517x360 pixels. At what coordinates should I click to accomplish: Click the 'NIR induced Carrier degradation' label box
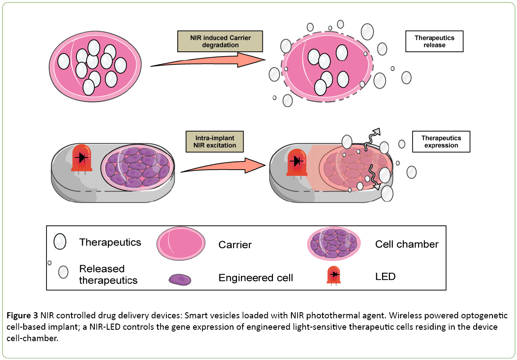[x=220, y=41]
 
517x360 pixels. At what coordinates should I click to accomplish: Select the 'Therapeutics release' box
[x=434, y=41]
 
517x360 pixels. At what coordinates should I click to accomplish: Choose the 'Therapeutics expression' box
[x=441, y=141]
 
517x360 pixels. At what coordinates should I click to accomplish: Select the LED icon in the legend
[x=334, y=275]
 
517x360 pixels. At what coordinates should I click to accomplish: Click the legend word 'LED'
[x=385, y=276]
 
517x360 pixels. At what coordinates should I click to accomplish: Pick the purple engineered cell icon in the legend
[x=180, y=279]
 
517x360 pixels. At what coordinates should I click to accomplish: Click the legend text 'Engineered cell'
[x=255, y=278]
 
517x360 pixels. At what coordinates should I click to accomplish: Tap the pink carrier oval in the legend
[x=180, y=244]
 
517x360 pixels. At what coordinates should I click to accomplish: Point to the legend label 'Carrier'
[x=235, y=245]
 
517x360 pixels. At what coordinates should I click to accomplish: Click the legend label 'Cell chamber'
[x=406, y=244]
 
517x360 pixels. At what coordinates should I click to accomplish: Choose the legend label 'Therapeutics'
[x=110, y=242]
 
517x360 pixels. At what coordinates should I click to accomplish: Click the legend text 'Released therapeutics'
[x=108, y=274]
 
